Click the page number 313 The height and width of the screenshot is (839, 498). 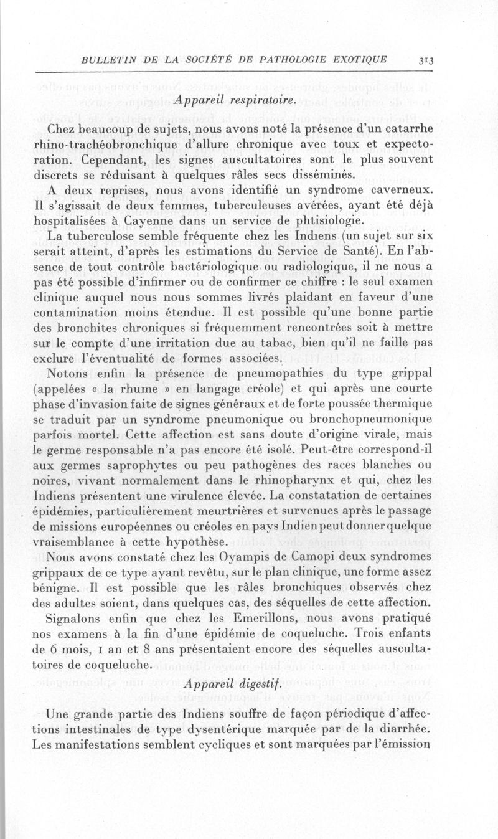(426, 60)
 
